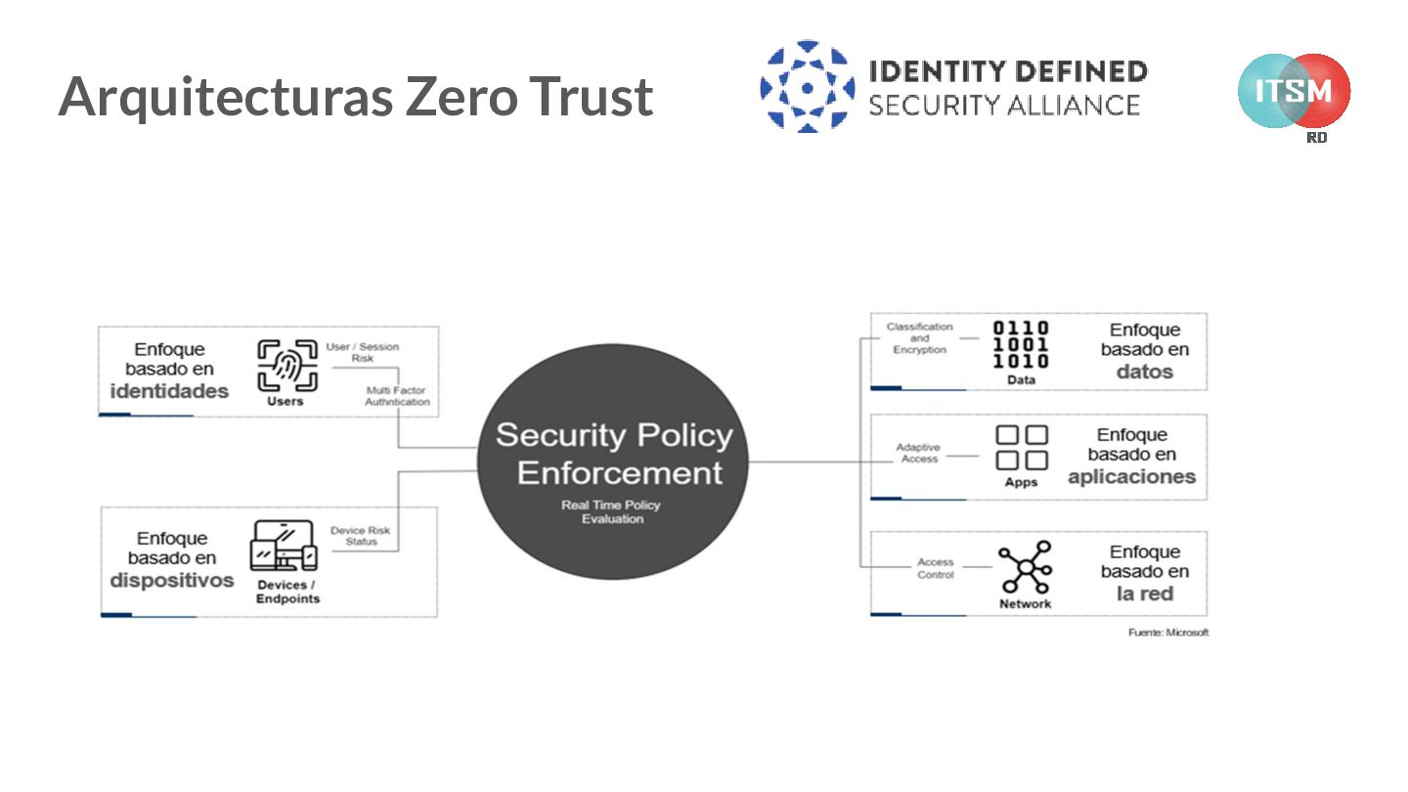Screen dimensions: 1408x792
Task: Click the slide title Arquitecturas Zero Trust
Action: [355, 97]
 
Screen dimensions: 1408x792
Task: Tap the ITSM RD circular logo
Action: [1294, 91]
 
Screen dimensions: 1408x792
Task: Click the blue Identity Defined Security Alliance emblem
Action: [807, 87]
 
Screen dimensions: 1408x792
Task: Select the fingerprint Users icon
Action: [286, 366]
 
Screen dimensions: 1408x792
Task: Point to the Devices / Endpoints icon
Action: [284, 546]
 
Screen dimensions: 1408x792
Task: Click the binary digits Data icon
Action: [1021, 344]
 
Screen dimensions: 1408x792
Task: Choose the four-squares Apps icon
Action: [1021, 448]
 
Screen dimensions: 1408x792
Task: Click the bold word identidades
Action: [169, 392]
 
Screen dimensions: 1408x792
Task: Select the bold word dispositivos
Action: [172, 581]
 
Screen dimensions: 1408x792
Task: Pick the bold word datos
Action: [1145, 373]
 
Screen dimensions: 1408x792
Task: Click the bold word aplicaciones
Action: [1131, 477]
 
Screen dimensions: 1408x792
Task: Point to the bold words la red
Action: [1145, 594]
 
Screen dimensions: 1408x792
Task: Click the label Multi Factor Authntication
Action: [396, 396]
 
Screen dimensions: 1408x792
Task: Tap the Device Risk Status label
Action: [361, 536]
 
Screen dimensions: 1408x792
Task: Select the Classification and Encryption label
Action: [919, 338]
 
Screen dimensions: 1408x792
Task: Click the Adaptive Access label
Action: [918, 453]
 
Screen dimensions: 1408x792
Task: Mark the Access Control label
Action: [935, 568]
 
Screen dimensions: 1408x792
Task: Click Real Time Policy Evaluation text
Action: [612, 511]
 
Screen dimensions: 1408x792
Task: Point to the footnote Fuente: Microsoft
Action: [1167, 633]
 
